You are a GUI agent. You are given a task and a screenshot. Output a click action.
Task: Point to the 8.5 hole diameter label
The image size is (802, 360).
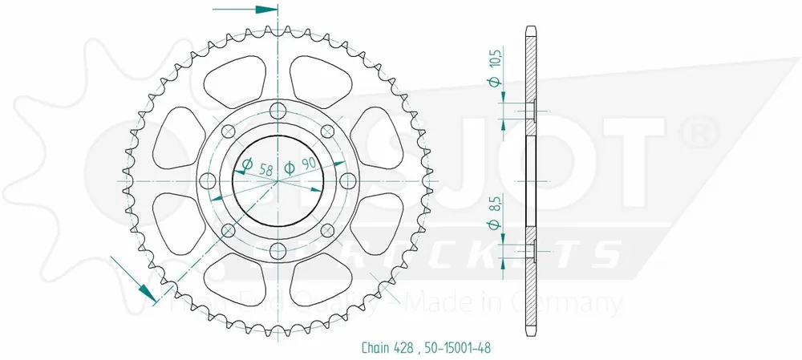tap(495, 196)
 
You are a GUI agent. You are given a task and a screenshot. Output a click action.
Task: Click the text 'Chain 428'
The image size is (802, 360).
tap(373, 347)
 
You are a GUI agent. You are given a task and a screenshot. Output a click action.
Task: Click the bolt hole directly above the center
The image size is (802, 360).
tap(278, 111)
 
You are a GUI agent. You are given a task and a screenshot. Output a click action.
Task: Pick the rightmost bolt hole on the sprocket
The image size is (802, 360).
tap(348, 180)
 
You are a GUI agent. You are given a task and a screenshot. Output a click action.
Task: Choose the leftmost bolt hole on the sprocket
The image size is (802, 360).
tap(209, 180)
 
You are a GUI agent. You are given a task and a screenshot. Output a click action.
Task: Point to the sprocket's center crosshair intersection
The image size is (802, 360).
tap(278, 180)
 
